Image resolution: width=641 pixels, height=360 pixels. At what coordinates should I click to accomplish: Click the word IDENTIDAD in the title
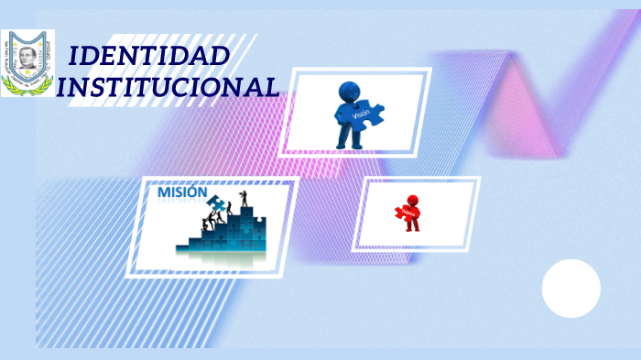[149, 57]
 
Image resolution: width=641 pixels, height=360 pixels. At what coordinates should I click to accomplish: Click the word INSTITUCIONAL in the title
[167, 88]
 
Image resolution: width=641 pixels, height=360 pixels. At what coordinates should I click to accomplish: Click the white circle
[570, 289]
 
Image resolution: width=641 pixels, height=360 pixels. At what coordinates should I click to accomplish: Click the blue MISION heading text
[182, 193]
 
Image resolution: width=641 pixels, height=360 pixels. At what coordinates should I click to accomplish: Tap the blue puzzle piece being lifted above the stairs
[216, 203]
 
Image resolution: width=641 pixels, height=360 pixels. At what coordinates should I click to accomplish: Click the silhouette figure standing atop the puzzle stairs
[243, 197]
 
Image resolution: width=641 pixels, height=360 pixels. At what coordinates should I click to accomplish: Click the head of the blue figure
[349, 92]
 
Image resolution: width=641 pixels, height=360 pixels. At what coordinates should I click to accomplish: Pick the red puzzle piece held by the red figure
[406, 213]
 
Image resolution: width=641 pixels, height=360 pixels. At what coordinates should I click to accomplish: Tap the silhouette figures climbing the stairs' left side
[212, 220]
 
